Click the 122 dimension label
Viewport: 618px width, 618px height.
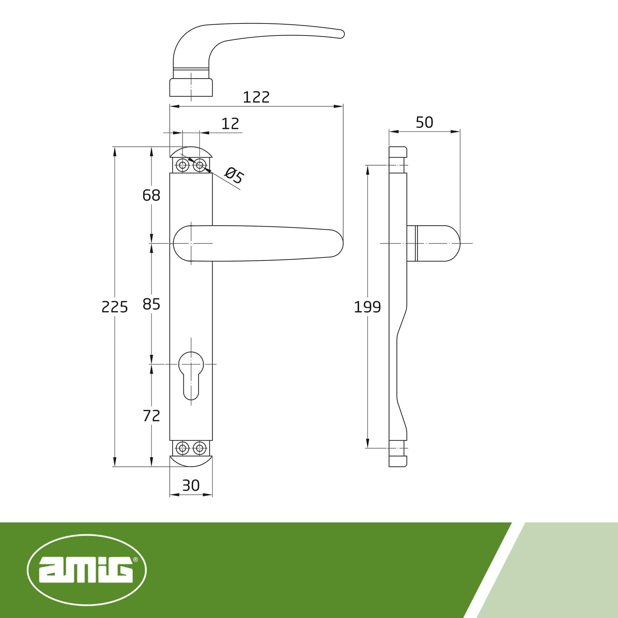coord(256,97)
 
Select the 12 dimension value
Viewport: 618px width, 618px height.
coord(230,124)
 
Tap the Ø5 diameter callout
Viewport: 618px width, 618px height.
coord(234,176)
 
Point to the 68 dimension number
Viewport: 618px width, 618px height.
coord(151,195)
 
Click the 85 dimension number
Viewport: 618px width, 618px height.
coord(151,304)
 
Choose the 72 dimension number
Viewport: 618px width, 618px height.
coord(151,416)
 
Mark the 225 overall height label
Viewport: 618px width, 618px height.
coord(115,307)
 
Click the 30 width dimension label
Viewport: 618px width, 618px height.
coord(191,485)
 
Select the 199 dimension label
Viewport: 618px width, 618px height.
coord(368,307)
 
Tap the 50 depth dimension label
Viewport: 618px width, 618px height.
coord(424,122)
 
